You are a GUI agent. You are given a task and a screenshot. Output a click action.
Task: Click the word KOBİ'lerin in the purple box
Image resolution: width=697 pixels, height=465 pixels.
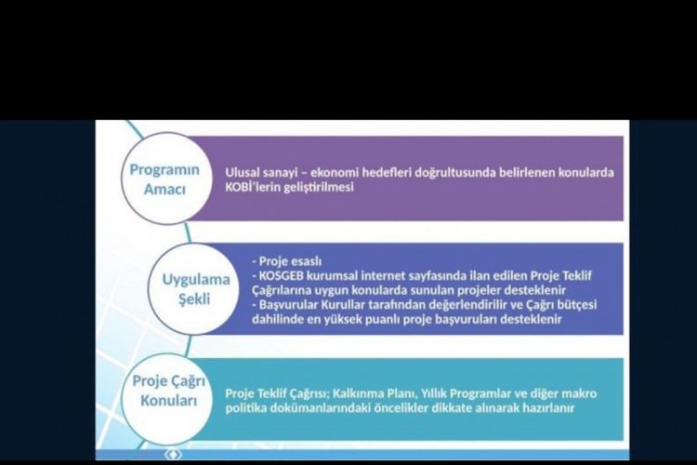tap(250, 187)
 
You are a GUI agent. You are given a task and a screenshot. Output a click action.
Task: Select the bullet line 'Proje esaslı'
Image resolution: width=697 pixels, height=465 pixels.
tap(287, 261)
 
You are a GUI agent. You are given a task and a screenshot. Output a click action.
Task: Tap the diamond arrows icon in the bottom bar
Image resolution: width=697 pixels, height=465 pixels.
tap(174, 455)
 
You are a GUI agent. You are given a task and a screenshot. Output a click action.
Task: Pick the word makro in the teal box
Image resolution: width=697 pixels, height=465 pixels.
tap(579, 393)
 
